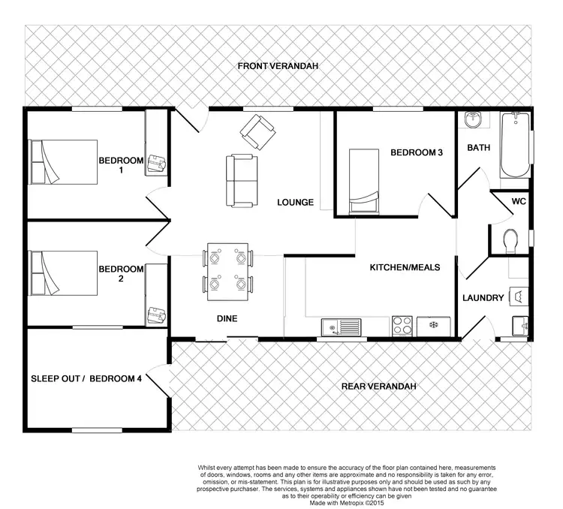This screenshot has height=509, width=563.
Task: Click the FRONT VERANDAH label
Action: tap(278, 67)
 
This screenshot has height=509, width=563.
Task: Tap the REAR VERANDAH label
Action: tap(378, 386)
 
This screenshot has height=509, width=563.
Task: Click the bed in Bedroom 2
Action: tap(63, 273)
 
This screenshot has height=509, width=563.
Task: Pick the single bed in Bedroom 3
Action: tap(366, 181)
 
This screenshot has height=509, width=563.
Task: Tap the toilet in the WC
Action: tap(512, 239)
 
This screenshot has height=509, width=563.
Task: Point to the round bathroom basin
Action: tap(472, 120)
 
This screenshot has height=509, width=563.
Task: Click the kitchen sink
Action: tap(342, 327)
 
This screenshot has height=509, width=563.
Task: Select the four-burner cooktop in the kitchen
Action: tap(402, 327)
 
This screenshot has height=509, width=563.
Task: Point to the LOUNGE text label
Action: tap(295, 202)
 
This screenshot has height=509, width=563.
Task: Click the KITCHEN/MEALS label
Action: tap(405, 267)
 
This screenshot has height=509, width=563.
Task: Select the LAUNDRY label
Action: tap(483, 298)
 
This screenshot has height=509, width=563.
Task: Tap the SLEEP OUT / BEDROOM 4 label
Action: tap(86, 378)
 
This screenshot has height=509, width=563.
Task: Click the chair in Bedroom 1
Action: tap(158, 161)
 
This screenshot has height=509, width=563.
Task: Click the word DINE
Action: tap(227, 318)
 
